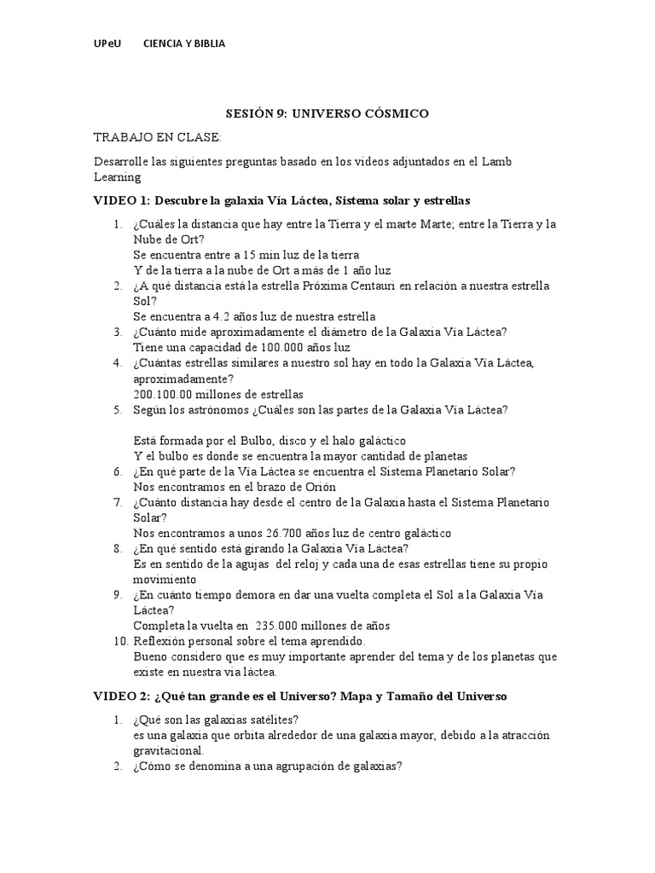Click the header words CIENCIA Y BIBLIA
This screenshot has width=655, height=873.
pyautogui.click(x=184, y=43)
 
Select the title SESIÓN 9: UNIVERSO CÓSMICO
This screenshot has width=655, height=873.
pyautogui.click(x=327, y=113)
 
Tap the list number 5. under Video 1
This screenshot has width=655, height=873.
pyautogui.click(x=120, y=410)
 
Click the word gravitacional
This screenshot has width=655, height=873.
pyautogui.click(x=168, y=751)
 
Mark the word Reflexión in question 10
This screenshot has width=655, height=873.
pyautogui.click(x=161, y=641)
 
